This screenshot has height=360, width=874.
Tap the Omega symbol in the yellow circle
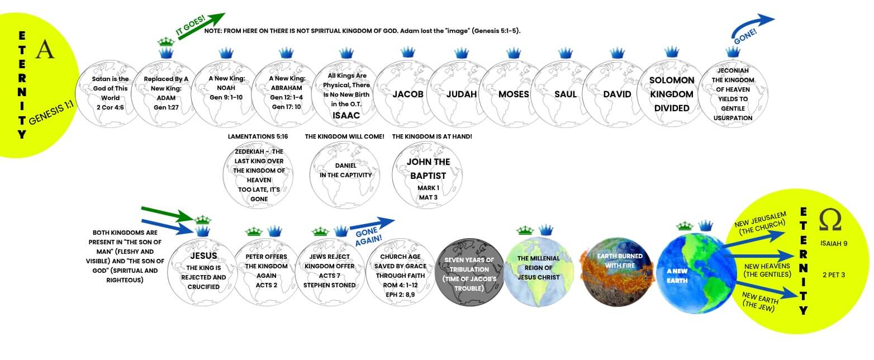[830, 220]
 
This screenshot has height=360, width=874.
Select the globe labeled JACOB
[408, 94]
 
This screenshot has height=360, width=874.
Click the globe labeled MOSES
[514, 94]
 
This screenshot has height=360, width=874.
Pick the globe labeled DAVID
[617, 94]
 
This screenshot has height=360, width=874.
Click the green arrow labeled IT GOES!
[199, 25]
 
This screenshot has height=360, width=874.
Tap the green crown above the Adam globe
[166, 41]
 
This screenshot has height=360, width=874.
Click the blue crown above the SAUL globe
[565, 53]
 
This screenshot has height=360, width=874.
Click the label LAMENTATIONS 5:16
[256, 136]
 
